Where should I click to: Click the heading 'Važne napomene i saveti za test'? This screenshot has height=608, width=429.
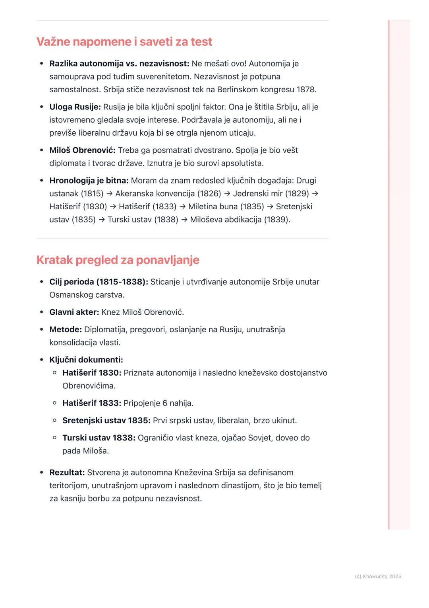124,42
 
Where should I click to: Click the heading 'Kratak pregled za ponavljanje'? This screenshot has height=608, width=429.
118,260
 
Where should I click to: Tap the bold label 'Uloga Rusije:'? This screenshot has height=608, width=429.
75,107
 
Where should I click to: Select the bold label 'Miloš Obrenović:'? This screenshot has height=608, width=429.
82,150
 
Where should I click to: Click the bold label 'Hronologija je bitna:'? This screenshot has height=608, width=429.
89,181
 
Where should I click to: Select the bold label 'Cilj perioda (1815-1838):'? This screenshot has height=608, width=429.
99,282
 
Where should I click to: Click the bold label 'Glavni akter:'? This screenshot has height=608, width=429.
74,312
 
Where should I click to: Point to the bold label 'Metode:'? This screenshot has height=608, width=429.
66,330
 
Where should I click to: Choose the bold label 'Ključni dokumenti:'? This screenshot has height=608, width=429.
86,360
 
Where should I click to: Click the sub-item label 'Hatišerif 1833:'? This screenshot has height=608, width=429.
91,403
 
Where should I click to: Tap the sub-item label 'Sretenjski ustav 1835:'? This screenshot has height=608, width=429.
106,421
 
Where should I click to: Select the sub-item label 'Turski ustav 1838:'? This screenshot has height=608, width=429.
99,438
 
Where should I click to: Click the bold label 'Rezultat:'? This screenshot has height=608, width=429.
67,473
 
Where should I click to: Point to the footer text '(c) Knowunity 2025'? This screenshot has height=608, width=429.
378,577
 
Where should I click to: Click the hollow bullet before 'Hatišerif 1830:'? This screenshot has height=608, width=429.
55,373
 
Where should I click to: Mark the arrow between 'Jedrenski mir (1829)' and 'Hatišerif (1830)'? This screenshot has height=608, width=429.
315,194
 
